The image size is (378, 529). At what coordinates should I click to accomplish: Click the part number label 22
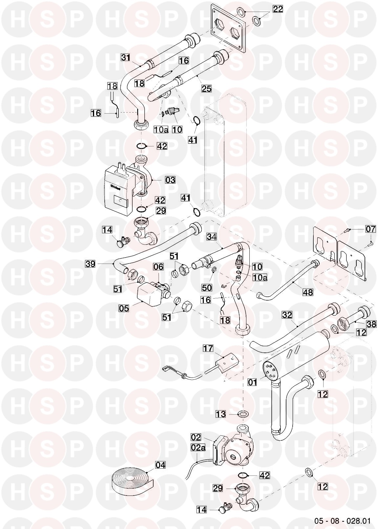click(x=278, y=9)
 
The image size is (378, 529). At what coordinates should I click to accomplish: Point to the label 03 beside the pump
click(x=170, y=180)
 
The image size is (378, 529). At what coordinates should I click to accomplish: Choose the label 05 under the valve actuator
click(x=124, y=308)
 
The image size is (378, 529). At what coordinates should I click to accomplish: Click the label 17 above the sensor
click(x=208, y=348)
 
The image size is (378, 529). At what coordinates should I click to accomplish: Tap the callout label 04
click(x=160, y=465)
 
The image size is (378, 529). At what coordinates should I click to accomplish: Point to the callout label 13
click(x=221, y=414)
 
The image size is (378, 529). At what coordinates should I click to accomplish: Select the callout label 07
click(x=370, y=229)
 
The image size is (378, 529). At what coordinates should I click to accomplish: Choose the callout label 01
click(x=252, y=382)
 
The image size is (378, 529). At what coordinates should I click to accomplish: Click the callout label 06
click(x=158, y=267)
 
